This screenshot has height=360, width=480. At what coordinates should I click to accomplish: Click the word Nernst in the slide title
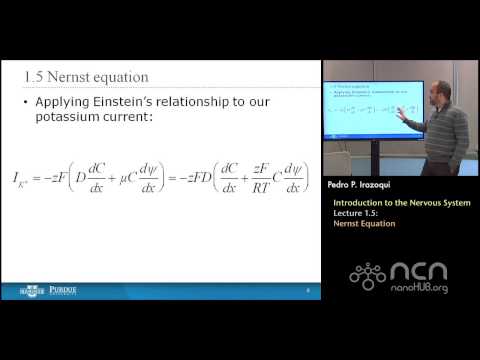click(x=84, y=77)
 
